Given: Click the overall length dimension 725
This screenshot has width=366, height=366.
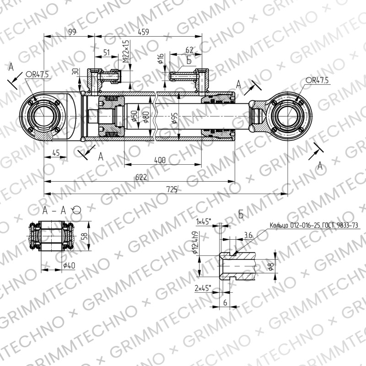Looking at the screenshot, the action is click(x=172, y=189).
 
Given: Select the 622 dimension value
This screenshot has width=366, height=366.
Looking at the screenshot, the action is click(x=141, y=177).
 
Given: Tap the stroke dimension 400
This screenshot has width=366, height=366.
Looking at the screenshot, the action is click(x=160, y=160).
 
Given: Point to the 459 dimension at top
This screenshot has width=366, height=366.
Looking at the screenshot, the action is click(x=143, y=32).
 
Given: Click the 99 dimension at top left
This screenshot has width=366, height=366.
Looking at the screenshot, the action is click(x=72, y=32).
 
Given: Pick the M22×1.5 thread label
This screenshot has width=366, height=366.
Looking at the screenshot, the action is click(x=126, y=51).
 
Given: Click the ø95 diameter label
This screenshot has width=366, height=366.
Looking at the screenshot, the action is click(x=175, y=118).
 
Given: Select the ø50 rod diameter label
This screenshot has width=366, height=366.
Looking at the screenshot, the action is click(x=134, y=116).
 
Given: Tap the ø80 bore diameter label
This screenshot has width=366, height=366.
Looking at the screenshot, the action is click(x=146, y=117).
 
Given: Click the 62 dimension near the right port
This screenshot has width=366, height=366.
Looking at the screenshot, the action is click(x=189, y=50).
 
